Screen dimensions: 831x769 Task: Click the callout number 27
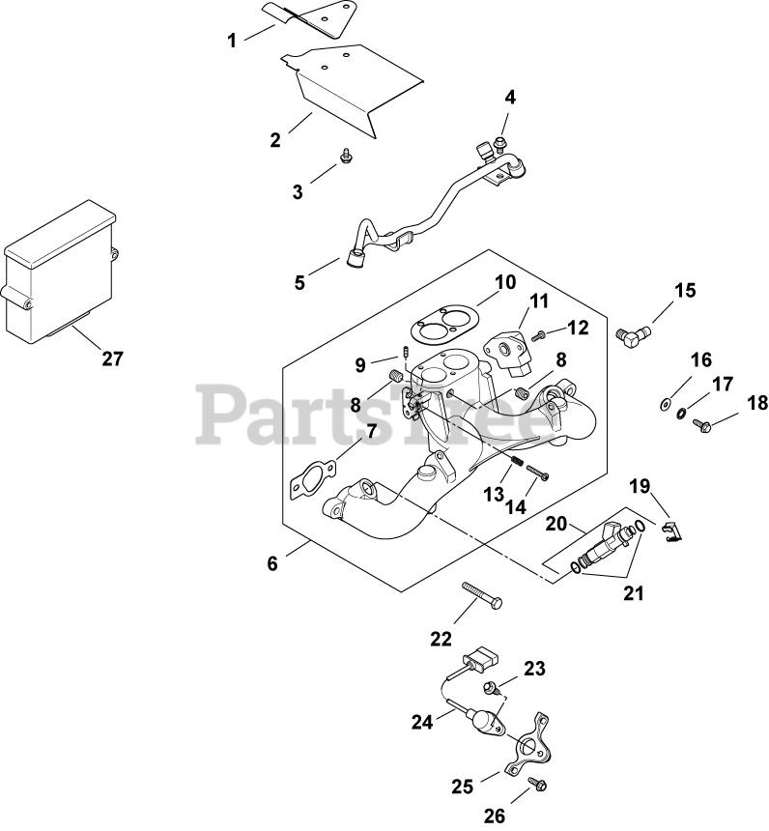(x=113, y=358)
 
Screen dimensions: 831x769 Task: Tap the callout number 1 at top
(x=232, y=41)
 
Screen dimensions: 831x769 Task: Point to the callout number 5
(x=300, y=283)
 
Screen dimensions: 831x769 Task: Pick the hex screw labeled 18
(x=702, y=423)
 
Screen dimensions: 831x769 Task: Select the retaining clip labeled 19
(x=671, y=530)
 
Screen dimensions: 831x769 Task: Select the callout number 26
(x=494, y=817)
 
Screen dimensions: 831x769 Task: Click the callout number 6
(x=272, y=563)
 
